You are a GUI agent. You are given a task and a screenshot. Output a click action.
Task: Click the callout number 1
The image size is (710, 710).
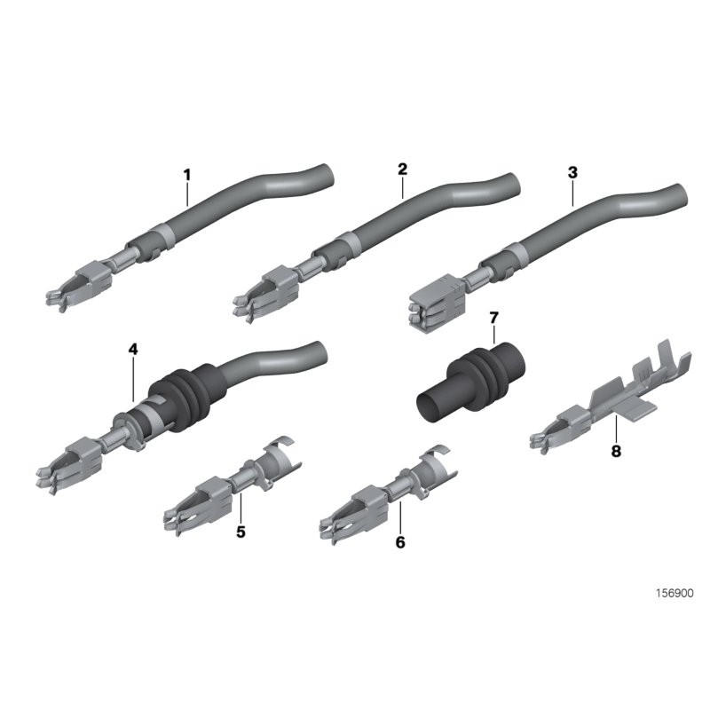tap(187, 174)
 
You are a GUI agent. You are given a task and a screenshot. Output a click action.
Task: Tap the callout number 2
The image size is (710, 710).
tap(402, 168)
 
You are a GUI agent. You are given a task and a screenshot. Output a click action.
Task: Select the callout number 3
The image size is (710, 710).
tap(572, 170)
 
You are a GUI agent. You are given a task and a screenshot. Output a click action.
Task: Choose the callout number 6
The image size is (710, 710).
tap(399, 540)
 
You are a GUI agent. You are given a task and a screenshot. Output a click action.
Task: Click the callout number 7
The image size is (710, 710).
tap(494, 319)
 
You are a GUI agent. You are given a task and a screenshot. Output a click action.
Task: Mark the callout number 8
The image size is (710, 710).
tap(616, 451)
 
